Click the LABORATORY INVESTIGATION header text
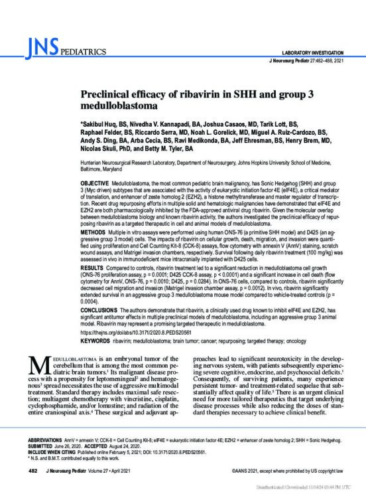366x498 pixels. (312, 52)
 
